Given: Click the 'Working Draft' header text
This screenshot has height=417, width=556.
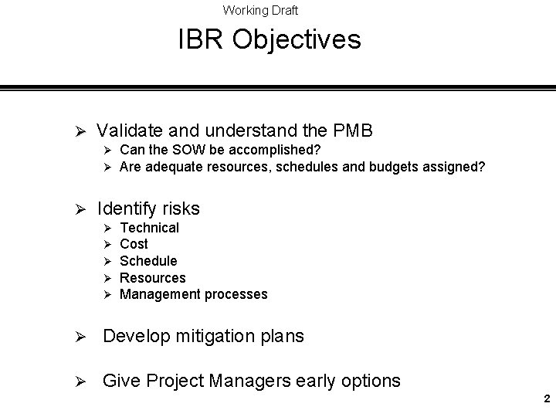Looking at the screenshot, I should click(260, 10).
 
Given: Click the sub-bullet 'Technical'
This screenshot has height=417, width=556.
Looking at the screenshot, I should click(150, 227).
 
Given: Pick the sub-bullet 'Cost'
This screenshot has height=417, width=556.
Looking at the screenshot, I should click(134, 244).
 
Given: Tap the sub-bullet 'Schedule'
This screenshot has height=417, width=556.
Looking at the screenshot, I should click(149, 261).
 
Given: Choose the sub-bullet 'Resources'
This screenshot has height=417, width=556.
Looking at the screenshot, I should click(153, 277).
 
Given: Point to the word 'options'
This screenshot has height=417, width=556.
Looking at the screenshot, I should click(371, 381).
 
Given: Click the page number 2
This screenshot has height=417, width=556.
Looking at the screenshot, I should click(546, 399).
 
